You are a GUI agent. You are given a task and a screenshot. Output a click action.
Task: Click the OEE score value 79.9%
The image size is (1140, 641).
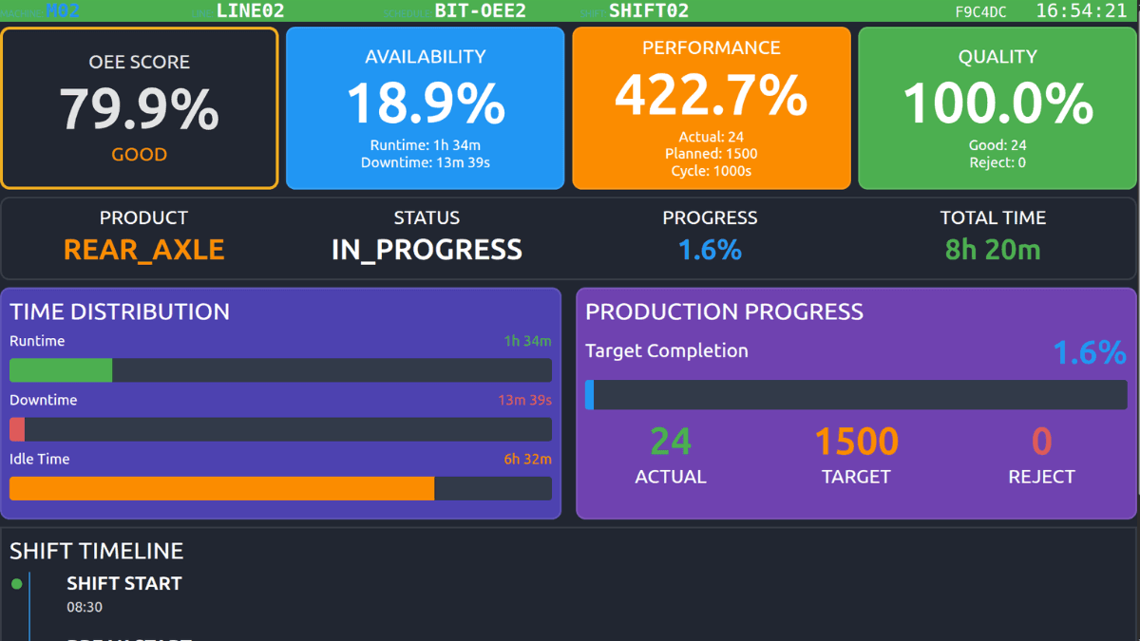coord(140,108)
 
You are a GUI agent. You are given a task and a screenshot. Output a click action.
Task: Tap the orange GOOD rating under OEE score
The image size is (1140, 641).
coord(140,155)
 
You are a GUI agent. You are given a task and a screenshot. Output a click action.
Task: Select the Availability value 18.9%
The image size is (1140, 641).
coord(426,104)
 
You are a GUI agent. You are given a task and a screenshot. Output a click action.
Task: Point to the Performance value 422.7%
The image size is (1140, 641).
coord(711,95)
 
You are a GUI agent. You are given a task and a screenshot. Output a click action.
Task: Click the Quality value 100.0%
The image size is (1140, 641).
coord(997,104)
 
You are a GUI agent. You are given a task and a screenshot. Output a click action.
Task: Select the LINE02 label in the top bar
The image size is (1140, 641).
coord(250,11)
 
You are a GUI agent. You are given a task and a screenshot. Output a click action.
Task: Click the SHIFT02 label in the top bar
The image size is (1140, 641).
coord(649,11)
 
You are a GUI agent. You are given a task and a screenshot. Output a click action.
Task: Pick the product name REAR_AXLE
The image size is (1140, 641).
coord(144,250)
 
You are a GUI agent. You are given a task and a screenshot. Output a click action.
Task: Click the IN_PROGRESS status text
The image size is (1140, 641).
coord(427,250)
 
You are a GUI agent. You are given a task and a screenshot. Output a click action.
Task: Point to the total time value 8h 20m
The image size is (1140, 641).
coord(993,250)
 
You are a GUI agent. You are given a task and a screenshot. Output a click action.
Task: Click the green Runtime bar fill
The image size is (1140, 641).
coord(61,370)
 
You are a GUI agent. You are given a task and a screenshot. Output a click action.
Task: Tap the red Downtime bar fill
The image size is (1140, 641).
coord(17,429)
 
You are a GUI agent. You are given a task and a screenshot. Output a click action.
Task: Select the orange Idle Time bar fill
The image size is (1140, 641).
coord(221,488)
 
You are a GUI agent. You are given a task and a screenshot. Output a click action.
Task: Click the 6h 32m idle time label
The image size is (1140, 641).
coord(527,460)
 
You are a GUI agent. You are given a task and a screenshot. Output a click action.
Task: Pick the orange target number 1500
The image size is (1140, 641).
coord(856,442)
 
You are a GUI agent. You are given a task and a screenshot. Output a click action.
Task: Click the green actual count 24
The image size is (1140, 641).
coord(671,442)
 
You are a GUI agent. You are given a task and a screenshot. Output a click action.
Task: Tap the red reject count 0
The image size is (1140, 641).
coord(1041,442)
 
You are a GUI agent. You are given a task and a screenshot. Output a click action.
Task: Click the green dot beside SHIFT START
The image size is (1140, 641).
coord(16,584)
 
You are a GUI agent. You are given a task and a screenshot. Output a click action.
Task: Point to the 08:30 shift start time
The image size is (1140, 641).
coord(85,608)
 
